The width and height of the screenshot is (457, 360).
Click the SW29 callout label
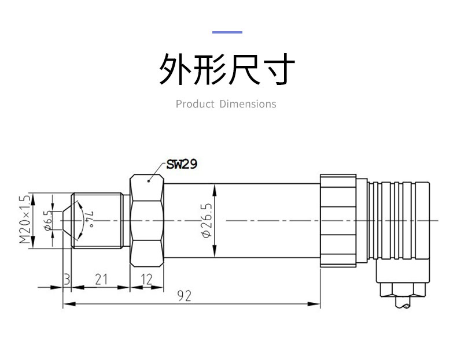pos(182,165)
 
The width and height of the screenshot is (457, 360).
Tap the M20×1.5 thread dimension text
pos(24,219)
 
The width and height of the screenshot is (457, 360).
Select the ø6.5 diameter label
pos(49,220)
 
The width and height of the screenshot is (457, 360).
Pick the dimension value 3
pos(67,280)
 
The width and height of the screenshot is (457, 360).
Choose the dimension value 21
pos(101,280)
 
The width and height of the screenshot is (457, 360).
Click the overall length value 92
pos(184,296)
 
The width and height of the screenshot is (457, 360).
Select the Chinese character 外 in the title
pos(175,70)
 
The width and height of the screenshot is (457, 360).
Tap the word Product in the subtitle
pos(194,104)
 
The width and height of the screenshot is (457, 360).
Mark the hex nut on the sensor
pos(148,220)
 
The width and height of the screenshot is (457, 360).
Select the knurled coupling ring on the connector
pos(338,220)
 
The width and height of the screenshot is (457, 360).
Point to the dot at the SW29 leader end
pos(149,181)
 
